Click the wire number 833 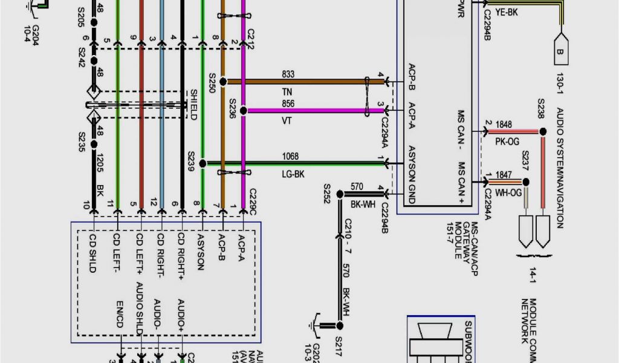coord(288,74)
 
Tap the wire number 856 coord(288,103)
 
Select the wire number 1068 coord(290,156)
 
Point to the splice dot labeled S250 coord(223,81)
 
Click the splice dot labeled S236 coord(243,111)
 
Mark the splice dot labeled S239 coord(203,163)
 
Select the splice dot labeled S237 coord(526,181)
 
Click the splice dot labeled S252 coord(340,194)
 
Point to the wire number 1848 coord(504,125)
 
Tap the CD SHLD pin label coord(92,252)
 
